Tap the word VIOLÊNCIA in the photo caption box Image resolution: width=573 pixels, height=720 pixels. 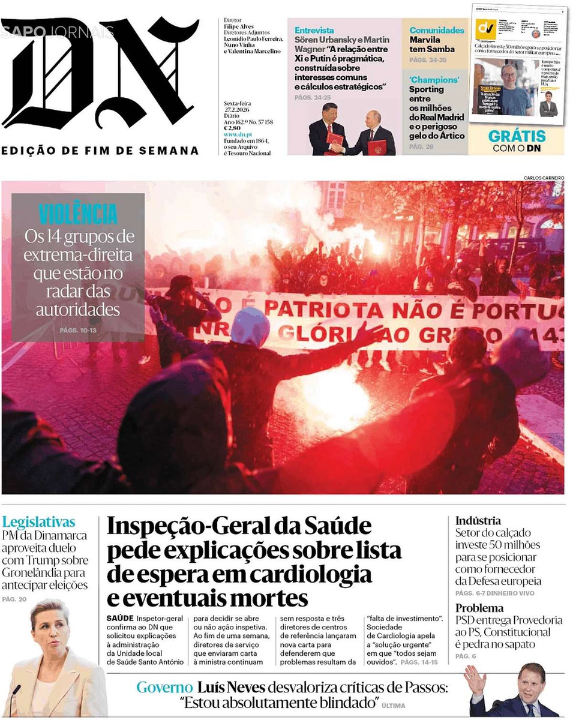pos(78,214)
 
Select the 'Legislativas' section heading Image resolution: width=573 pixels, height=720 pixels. pos(38,521)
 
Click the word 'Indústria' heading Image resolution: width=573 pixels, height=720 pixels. pos(478,521)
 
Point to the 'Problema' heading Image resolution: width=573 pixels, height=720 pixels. pos(479,608)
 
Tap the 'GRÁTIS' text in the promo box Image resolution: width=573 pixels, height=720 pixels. pos(517,136)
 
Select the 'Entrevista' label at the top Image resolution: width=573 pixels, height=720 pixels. pos(314,30)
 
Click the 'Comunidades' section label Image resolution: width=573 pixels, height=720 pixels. pos(437,30)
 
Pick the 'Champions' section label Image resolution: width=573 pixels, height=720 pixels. pos(434,80)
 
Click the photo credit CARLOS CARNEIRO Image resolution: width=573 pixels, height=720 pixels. pos(544,178)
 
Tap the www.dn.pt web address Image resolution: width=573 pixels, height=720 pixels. pos(238,135)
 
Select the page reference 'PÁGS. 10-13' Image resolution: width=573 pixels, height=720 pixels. pos(77,331)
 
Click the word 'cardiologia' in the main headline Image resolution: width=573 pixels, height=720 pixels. pos(311,574)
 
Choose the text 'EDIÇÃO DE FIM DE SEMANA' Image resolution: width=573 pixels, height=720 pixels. pos(100,151)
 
